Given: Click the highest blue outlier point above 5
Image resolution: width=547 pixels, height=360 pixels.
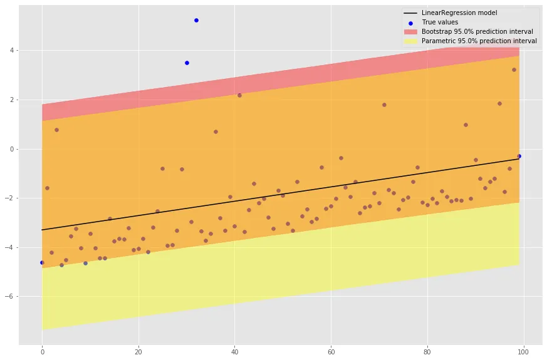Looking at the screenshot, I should (196, 20).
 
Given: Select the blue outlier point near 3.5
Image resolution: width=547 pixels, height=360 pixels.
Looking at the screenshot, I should (187, 63).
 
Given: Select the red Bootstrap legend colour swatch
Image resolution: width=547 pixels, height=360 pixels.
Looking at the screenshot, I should (410, 31).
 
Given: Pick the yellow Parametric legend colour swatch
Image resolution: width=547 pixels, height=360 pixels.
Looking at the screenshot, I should (410, 41).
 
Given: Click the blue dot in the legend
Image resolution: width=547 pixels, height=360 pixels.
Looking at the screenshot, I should (410, 22).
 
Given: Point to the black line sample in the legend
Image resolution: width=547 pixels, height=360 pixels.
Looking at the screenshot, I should (410, 13).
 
